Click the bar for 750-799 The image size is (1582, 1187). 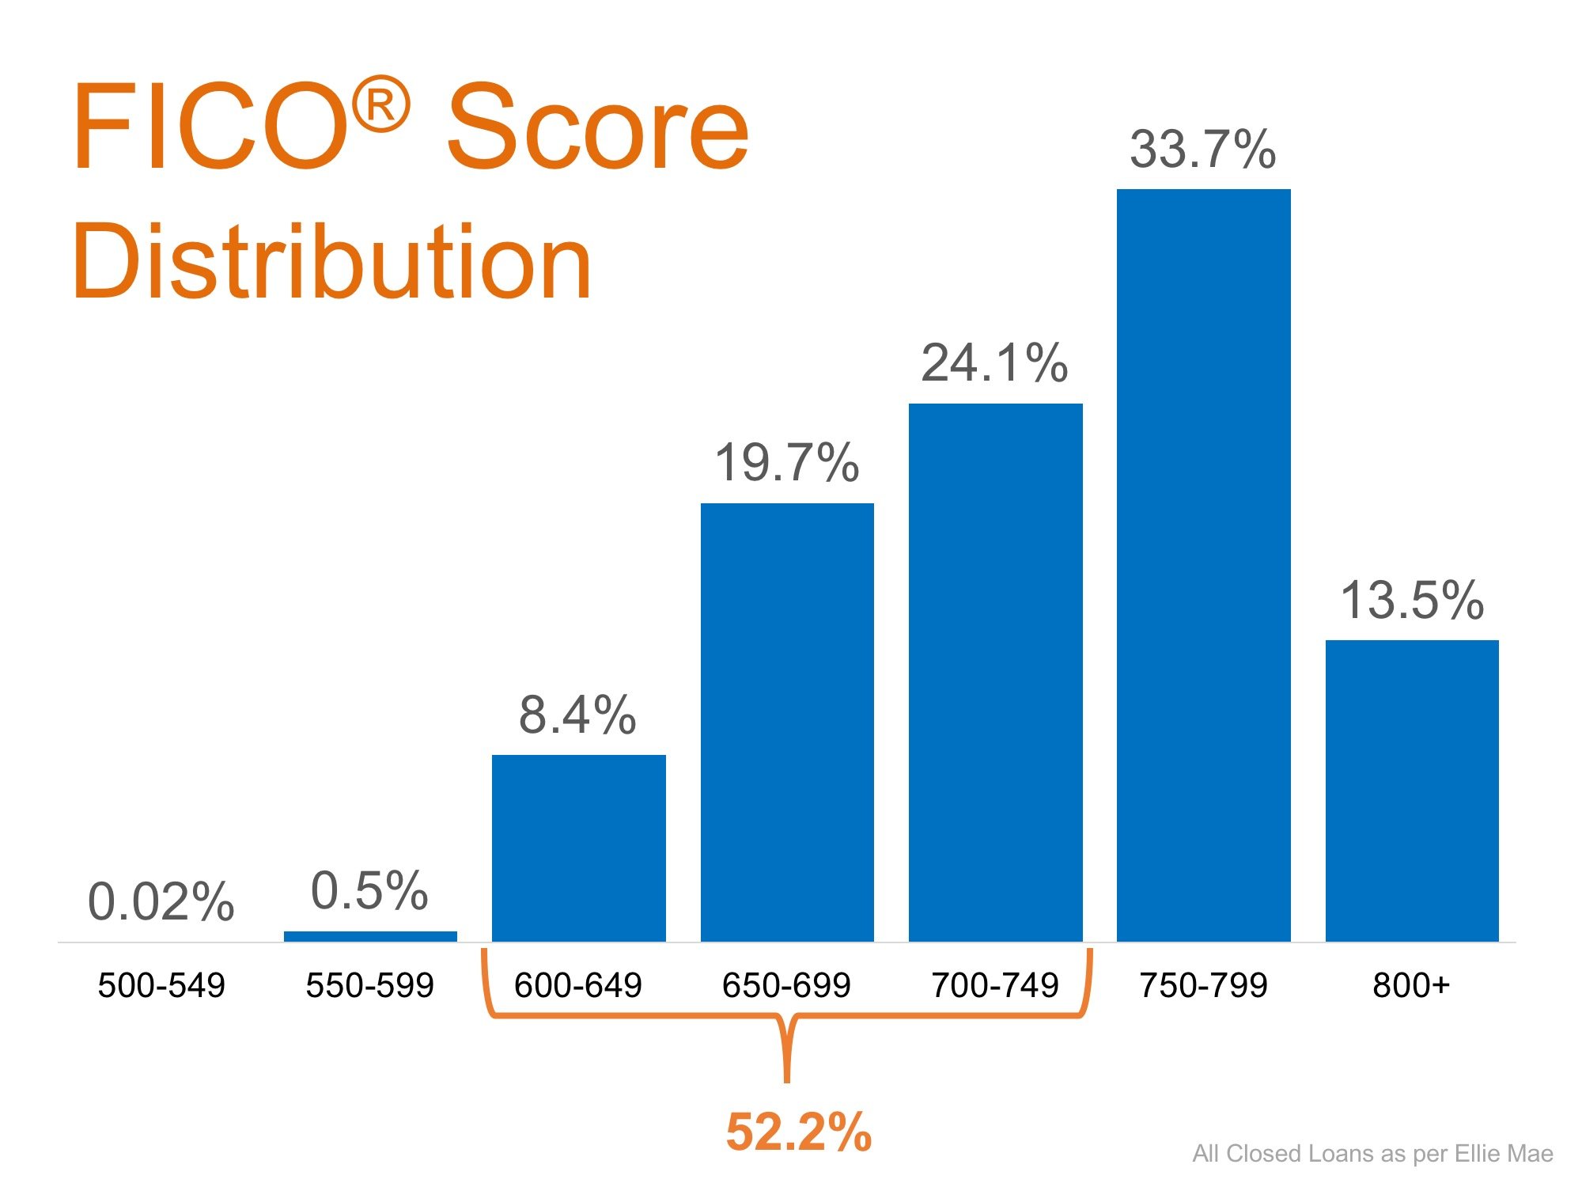(1203, 565)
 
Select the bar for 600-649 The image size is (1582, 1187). (578, 848)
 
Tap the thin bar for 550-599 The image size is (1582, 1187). (370, 936)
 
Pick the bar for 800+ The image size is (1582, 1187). (1412, 791)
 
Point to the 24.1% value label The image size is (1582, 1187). (994, 364)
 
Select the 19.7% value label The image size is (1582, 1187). (786, 463)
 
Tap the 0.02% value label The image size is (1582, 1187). (161, 902)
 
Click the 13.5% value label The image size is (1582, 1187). (1412, 601)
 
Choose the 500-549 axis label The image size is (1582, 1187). (161, 986)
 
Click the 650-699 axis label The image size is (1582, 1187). (786, 986)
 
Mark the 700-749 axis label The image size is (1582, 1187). (994, 986)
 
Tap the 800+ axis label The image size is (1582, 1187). (1411, 986)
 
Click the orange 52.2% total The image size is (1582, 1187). (798, 1132)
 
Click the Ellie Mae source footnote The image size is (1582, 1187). (1372, 1154)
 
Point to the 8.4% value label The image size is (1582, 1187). (577, 715)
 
